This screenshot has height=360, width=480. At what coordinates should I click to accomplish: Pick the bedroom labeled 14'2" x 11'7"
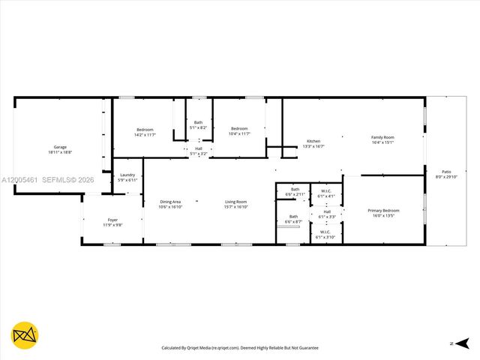[145, 131]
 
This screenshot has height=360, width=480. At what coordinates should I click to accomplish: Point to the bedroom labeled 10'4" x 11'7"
[239, 131]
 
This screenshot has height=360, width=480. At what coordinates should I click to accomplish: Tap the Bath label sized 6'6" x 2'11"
[295, 191]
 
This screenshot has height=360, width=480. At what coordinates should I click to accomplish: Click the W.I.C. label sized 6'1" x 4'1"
[326, 193]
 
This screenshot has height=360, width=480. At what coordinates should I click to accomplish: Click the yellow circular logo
[25, 335]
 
